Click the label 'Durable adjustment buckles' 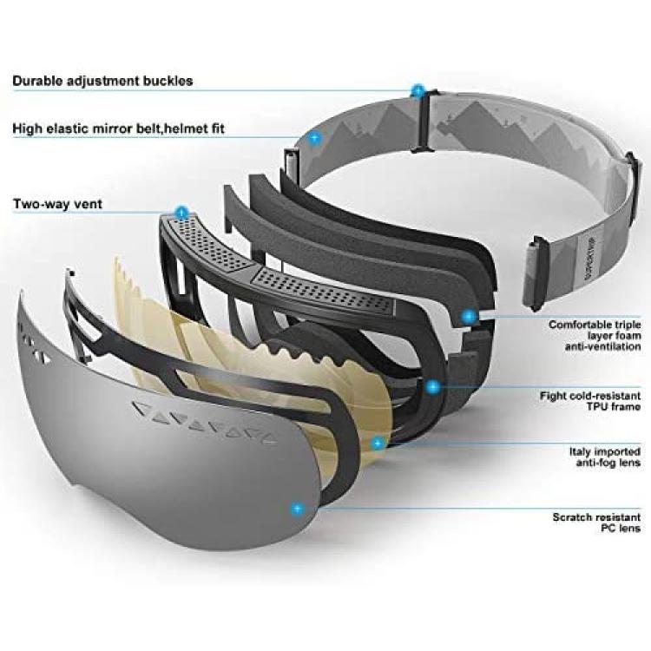(x=102, y=81)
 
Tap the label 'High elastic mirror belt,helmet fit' (x=118, y=128)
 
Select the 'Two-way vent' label (x=57, y=204)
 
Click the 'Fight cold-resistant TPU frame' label (x=590, y=401)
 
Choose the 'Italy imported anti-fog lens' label (x=605, y=457)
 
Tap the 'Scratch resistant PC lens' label (x=596, y=523)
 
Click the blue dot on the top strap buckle (x=418, y=90)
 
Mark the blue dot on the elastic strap (x=315, y=137)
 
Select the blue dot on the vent (x=182, y=213)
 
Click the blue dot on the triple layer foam (x=470, y=317)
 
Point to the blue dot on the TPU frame (x=433, y=387)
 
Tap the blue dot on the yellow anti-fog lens (x=378, y=444)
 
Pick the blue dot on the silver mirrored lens (x=297, y=509)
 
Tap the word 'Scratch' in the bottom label (x=573, y=517)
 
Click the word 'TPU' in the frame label (x=597, y=406)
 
